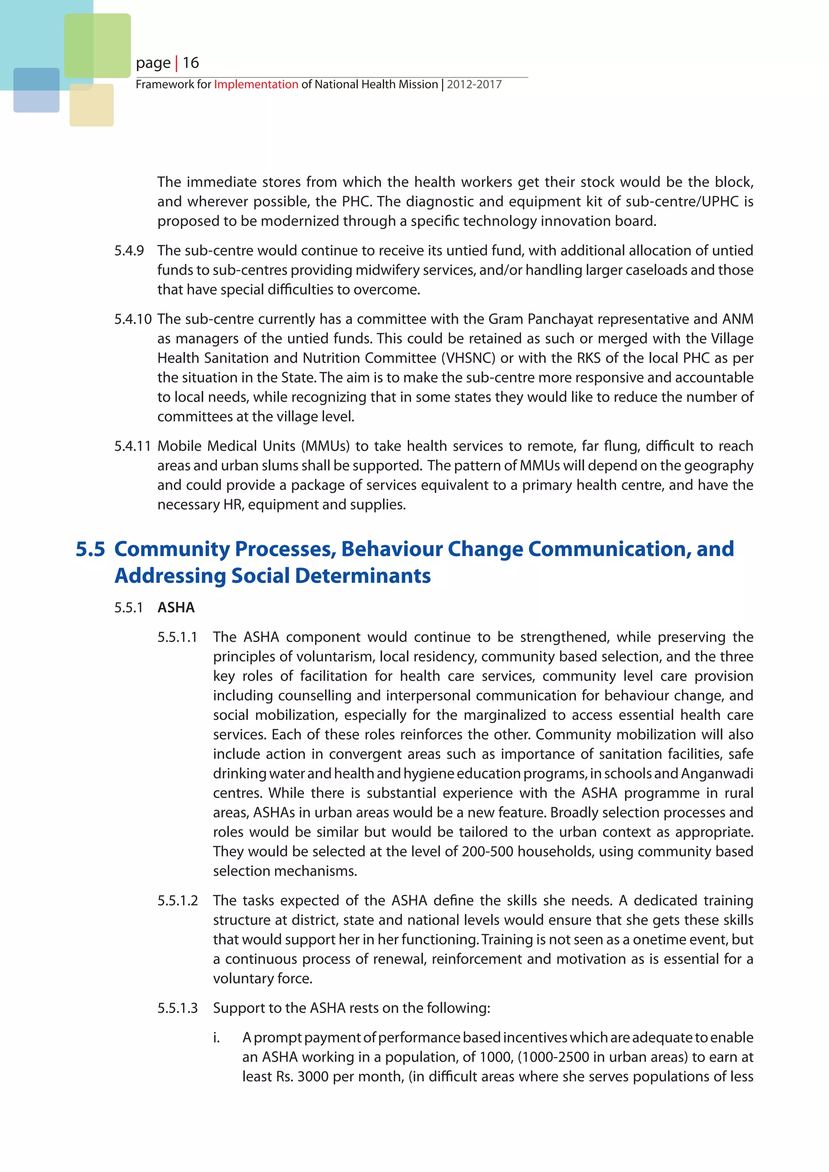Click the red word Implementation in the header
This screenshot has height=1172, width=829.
pos(256,84)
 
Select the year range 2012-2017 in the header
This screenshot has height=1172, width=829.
pos(474,84)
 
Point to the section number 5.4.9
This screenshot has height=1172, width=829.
pos(129,251)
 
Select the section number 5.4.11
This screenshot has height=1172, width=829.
pos(133,446)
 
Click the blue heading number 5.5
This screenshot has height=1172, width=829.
pos(90,549)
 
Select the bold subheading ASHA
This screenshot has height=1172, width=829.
pos(176,607)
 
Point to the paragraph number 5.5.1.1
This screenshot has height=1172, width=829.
pos(177,637)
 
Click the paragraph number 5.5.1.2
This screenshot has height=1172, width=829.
pos(177,900)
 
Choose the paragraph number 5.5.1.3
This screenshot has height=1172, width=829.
pos(177,1008)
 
